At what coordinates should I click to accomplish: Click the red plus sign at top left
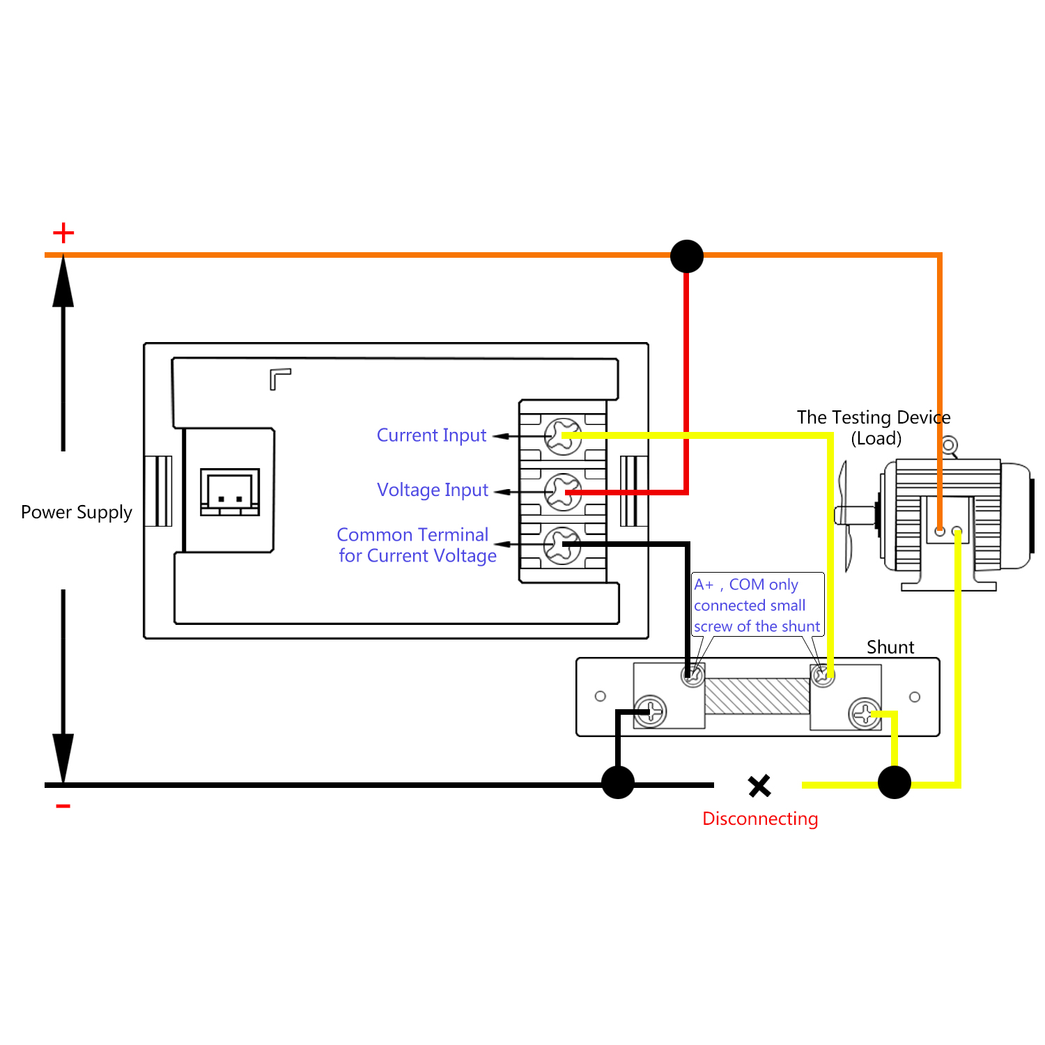tap(63, 233)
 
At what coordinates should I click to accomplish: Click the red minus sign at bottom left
tap(63, 806)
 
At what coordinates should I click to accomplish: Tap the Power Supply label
tap(77, 512)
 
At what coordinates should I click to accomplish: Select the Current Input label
tap(431, 435)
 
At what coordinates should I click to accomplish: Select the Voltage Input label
tap(433, 490)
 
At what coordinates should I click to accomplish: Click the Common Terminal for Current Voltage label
tap(417, 545)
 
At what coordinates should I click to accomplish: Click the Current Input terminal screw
tap(562, 436)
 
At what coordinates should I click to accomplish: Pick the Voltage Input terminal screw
tap(562, 491)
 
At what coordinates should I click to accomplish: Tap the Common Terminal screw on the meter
tap(562, 545)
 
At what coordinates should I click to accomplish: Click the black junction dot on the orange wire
tap(687, 256)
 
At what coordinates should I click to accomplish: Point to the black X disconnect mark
tap(759, 786)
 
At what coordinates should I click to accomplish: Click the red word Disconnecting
tap(760, 819)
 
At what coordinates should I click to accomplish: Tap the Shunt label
tap(890, 647)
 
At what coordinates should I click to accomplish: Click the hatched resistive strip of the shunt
tap(757, 696)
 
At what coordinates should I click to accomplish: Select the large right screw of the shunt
tap(865, 713)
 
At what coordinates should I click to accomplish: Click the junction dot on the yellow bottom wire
tap(895, 782)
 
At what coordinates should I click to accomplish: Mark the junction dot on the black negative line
tap(618, 782)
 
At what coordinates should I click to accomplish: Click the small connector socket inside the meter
tap(230, 492)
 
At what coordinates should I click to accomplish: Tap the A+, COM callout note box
tap(757, 605)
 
